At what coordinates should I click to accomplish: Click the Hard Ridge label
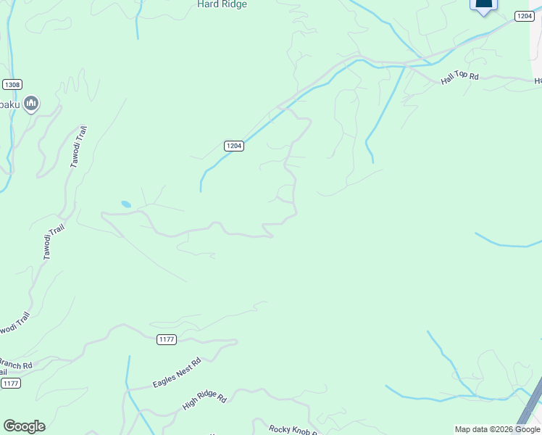pyautogui.click(x=222, y=4)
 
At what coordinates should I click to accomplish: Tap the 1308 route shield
pyautogui.click(x=12, y=85)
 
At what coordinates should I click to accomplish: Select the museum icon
pyautogui.click(x=30, y=104)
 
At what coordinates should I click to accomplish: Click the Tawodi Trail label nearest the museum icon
pyautogui.click(x=79, y=147)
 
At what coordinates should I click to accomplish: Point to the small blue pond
pyautogui.click(x=126, y=204)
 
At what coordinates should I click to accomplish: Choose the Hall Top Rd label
pyautogui.click(x=460, y=77)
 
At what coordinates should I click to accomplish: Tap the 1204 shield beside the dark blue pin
pyautogui.click(x=525, y=16)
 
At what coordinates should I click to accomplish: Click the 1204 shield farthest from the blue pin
pyautogui.click(x=233, y=146)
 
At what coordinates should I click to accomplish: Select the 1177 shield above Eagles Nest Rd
pyautogui.click(x=167, y=339)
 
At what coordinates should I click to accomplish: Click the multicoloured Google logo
pyautogui.click(x=24, y=426)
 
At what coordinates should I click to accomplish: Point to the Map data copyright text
pyautogui.click(x=496, y=429)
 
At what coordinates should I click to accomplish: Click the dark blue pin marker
pyautogui.click(x=483, y=4)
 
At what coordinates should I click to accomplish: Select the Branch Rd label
pyautogui.click(x=16, y=364)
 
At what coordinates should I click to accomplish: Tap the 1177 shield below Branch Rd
pyautogui.click(x=10, y=383)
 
